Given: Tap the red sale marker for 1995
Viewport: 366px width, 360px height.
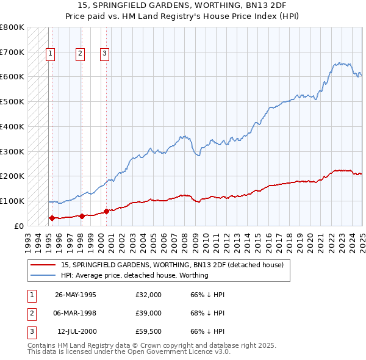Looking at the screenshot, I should (x=52, y=218).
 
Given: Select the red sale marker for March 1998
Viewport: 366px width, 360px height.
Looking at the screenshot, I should (x=81, y=216).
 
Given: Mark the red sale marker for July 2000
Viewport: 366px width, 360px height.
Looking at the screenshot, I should (x=106, y=211).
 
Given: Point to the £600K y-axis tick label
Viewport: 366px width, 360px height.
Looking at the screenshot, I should (x=12, y=77).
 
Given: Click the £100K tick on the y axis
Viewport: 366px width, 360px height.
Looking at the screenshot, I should (x=12, y=201).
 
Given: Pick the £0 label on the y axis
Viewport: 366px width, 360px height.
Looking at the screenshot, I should (x=18, y=226).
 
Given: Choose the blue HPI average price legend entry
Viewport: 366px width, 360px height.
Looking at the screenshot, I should (x=135, y=275).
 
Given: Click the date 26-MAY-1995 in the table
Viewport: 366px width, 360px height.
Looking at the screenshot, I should (x=76, y=295).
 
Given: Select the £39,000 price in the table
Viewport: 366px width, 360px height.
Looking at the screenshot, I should (x=149, y=313).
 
